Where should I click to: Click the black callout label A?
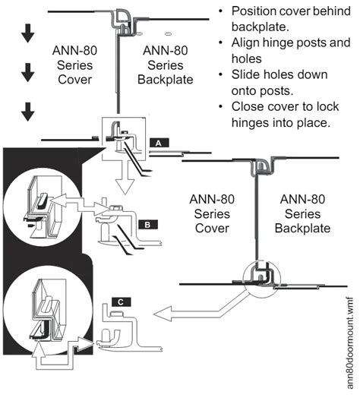click(159, 143)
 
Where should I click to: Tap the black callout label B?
click(148, 225)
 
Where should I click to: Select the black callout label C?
click(122, 302)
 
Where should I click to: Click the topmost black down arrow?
click(27, 33)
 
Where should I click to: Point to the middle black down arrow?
click(27, 73)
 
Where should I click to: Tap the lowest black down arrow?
click(27, 112)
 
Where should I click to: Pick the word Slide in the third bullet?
click(245, 74)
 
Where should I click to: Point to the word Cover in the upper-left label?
click(74, 80)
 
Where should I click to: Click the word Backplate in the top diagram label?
click(165, 80)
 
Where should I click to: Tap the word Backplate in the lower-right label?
click(302, 228)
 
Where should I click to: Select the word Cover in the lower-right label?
click(212, 228)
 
